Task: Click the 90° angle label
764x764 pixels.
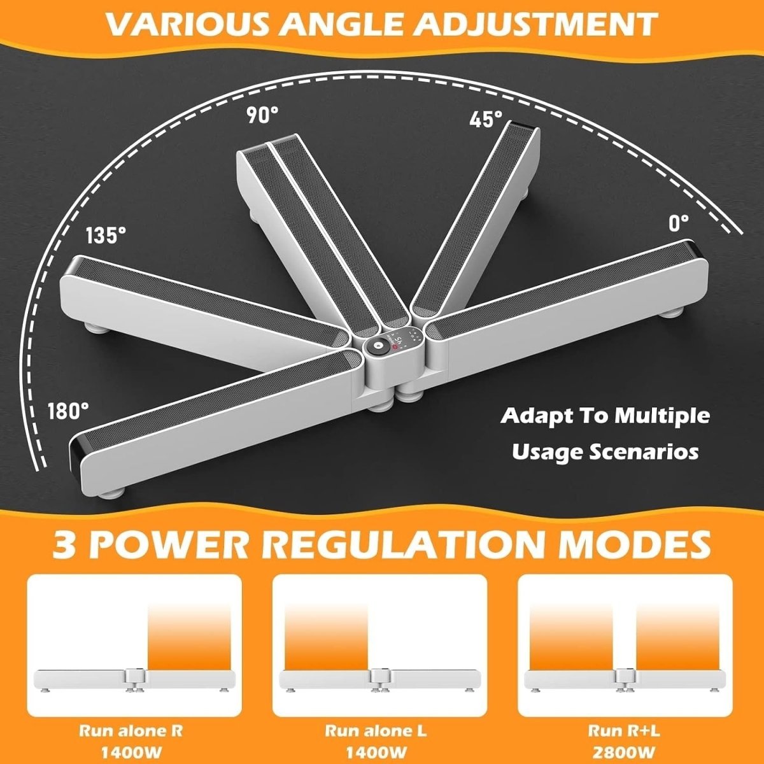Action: [262, 115]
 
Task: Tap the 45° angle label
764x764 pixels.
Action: [486, 119]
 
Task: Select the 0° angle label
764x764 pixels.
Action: [678, 223]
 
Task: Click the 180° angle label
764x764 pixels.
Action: [68, 411]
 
